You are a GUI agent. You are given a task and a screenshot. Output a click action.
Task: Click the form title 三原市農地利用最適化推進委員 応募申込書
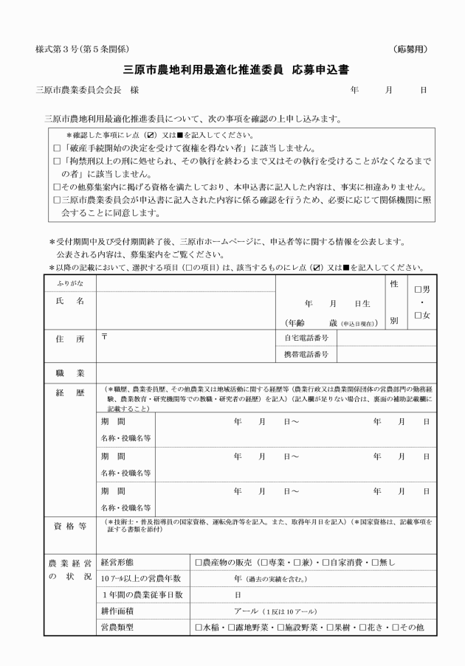tap(236, 70)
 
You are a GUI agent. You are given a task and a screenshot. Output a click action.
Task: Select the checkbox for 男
tap(419, 291)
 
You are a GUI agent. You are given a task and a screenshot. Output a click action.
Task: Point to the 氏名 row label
tap(69, 302)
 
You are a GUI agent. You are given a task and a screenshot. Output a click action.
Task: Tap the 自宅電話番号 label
tap(309, 338)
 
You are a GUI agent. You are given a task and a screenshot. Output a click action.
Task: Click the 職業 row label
tap(69, 373)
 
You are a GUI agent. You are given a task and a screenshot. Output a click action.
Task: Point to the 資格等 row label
tap(69, 526)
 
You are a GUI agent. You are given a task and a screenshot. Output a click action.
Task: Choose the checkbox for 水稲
tap(199, 628)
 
